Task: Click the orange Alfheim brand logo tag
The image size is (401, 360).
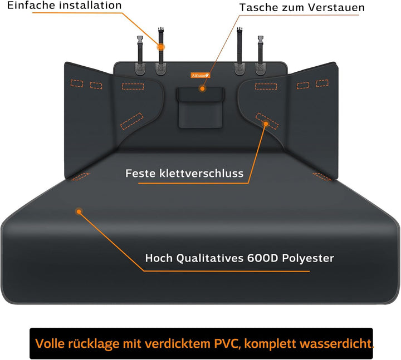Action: (x=200, y=75)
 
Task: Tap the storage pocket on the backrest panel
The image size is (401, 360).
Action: (x=200, y=107)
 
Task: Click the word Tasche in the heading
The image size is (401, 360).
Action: (x=259, y=8)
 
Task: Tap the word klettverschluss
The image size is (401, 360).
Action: (x=201, y=174)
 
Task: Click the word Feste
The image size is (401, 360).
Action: (x=140, y=174)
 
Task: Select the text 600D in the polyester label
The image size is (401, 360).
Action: (x=262, y=258)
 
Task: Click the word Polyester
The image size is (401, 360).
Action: (x=308, y=259)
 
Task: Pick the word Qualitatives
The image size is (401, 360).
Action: (x=210, y=258)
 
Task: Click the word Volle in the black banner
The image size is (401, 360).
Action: (x=50, y=344)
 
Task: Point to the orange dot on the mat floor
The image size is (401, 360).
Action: (x=79, y=211)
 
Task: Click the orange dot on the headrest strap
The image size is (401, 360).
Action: (x=160, y=47)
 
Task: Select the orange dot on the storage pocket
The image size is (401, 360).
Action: (x=202, y=88)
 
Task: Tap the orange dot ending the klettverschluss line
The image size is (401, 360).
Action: (x=266, y=124)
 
